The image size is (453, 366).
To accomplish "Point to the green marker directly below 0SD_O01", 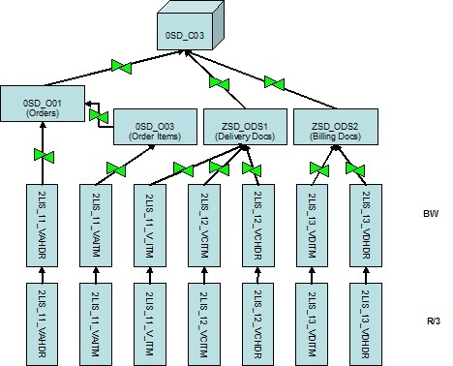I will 42,155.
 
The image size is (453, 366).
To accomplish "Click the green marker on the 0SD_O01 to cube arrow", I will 121,67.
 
